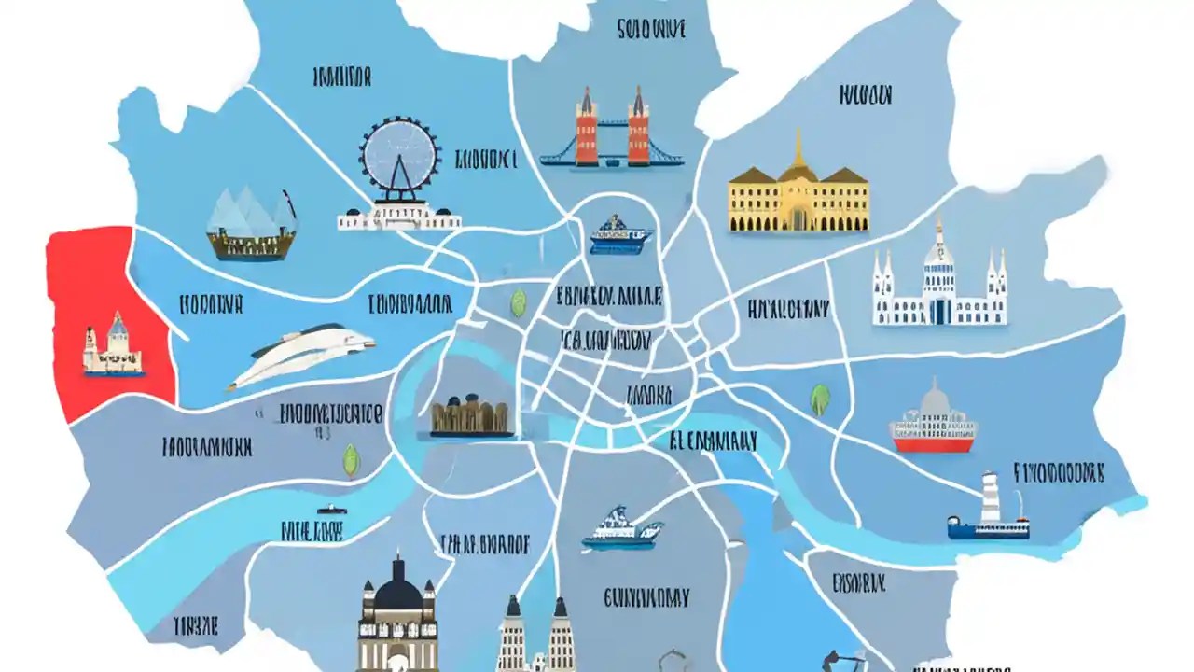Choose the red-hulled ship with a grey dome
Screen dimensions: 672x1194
933,425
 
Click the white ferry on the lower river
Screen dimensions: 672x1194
621,529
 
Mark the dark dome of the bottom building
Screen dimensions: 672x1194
398,591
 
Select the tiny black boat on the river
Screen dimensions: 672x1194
328,511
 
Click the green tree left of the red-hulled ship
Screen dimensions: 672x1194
820,399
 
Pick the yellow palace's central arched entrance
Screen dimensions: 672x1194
798,217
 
